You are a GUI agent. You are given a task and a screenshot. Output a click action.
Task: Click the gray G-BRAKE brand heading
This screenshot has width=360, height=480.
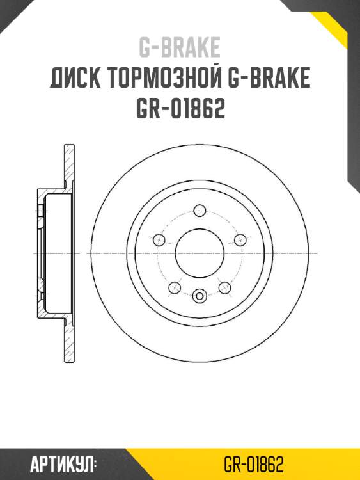point(180,47)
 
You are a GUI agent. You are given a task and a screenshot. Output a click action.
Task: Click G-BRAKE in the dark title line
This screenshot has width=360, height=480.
point(269,79)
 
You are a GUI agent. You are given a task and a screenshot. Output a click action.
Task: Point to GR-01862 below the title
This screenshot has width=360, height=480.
point(180,109)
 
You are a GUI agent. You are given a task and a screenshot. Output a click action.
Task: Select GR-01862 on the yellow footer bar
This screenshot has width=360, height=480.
point(254,464)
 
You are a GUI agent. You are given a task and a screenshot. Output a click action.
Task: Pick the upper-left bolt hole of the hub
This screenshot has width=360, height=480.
point(159,240)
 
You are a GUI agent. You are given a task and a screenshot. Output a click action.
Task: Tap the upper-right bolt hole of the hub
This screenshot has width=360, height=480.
point(239,240)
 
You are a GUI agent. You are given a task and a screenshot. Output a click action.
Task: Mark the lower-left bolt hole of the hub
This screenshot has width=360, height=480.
point(174,287)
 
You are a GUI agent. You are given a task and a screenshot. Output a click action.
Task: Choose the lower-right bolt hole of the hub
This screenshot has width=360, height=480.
point(224,287)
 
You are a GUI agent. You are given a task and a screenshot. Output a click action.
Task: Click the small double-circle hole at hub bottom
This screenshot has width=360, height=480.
point(199,296)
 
